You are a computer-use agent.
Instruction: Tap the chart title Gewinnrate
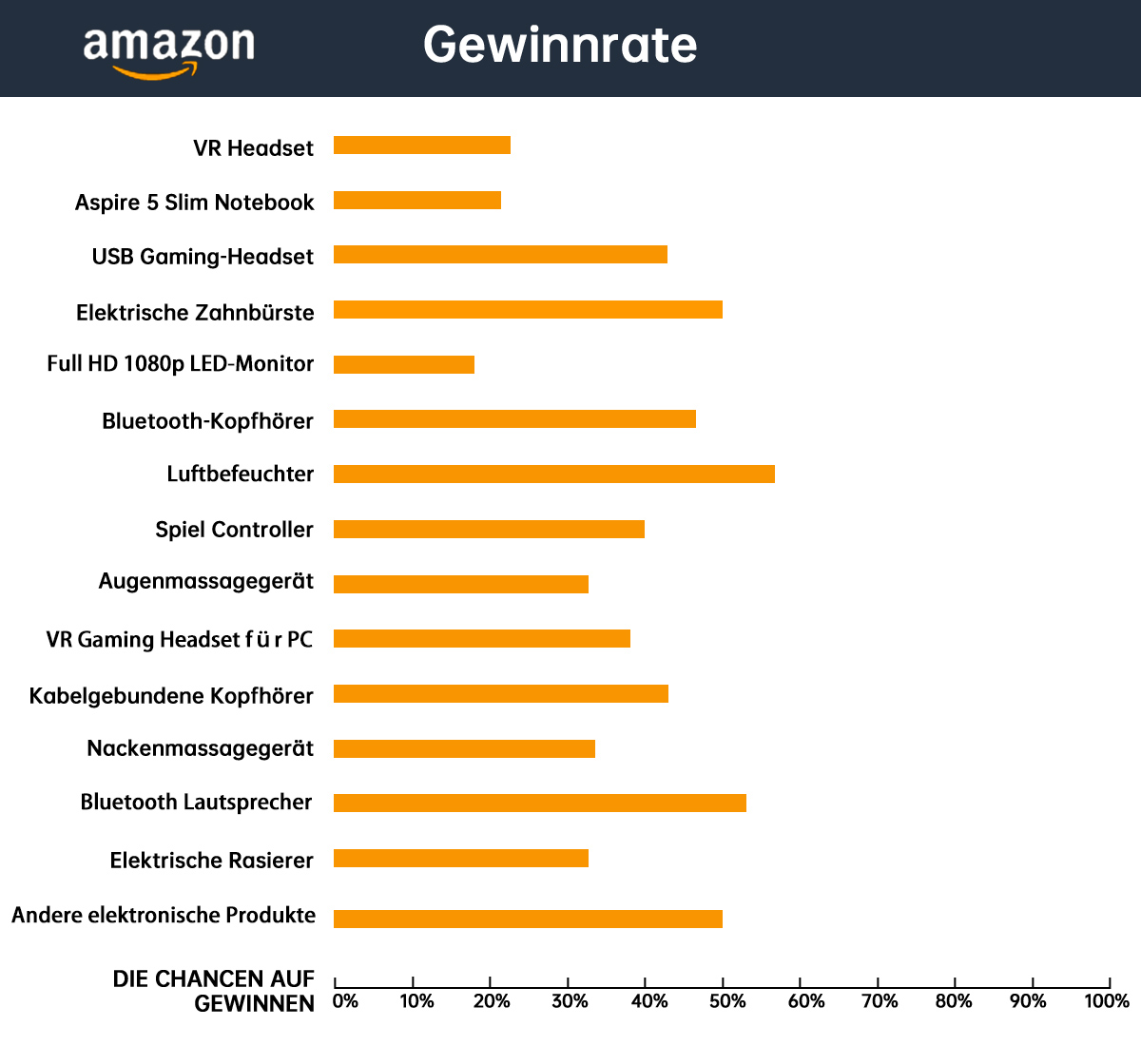[x=560, y=45]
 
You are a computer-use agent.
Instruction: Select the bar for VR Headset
[x=422, y=145]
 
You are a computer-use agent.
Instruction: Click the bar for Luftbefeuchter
[x=554, y=475]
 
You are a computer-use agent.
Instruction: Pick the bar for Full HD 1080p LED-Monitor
[x=404, y=365]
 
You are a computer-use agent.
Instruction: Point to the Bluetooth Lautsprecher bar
[x=540, y=804]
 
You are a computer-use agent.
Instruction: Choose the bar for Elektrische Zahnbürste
[x=528, y=310]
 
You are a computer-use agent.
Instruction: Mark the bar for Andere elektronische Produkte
[x=528, y=919]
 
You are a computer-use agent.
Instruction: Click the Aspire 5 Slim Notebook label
[x=195, y=203]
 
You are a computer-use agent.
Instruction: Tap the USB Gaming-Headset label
[x=203, y=257]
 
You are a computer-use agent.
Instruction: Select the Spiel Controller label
[x=234, y=530]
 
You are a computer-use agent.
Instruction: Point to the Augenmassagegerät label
[x=206, y=582]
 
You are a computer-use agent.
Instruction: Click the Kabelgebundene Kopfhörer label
[x=171, y=696]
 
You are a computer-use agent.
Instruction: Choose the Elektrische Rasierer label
[x=211, y=861]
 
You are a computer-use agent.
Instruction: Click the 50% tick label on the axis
[x=727, y=1001]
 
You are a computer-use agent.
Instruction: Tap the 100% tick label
[x=1107, y=1001]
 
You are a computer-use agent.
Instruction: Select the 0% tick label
[x=345, y=1001]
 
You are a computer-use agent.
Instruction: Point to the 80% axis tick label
[x=954, y=1001]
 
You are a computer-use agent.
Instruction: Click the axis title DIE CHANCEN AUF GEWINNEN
[x=215, y=991]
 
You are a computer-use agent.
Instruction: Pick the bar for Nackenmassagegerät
[x=464, y=749]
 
